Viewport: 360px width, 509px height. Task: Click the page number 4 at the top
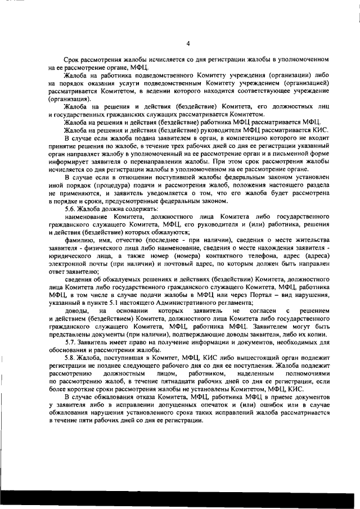[188, 43]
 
